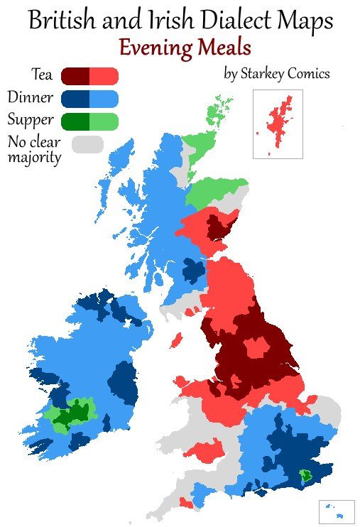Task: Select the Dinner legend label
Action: click(31, 97)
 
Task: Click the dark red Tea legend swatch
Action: click(75, 75)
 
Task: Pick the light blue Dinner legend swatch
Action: click(104, 98)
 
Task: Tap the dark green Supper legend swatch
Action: click(75, 121)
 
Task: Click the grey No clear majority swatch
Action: click(88, 143)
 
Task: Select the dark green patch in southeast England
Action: click(305, 474)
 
